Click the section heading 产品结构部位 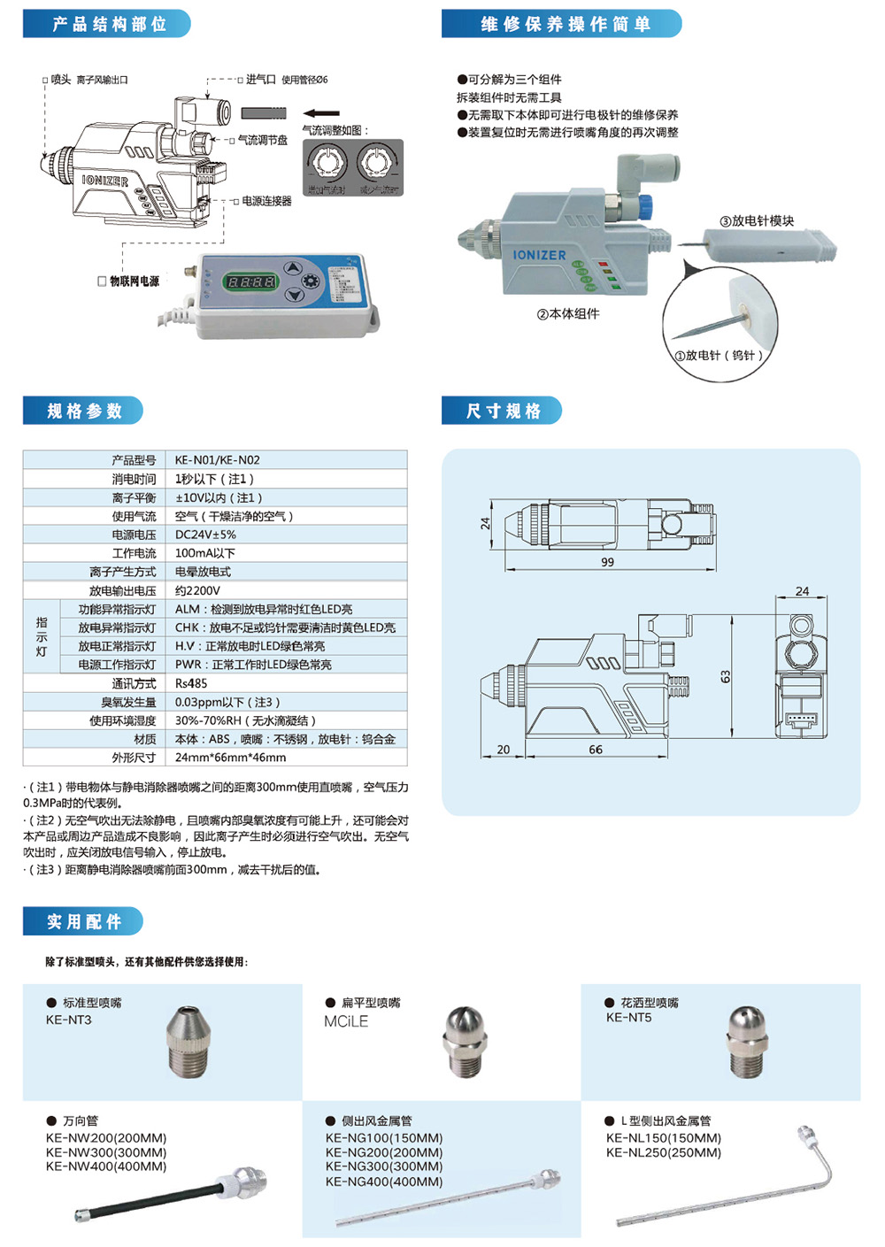tap(108, 24)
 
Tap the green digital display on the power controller tap(251, 282)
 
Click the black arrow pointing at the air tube tap(321, 113)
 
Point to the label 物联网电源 tap(134, 281)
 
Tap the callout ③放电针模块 tap(757, 220)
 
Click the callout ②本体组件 tap(568, 313)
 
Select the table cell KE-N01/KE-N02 tap(218, 460)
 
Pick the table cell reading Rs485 tap(191, 683)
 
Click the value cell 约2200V tap(197, 590)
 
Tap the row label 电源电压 tap(134, 535)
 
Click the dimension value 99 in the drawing tap(607, 562)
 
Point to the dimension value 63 tap(726, 676)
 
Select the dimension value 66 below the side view tap(596, 750)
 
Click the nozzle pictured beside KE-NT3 tap(189, 1041)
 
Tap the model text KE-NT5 tap(628, 1018)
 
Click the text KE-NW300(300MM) tap(106, 1152)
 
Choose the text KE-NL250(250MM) tap(664, 1152)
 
